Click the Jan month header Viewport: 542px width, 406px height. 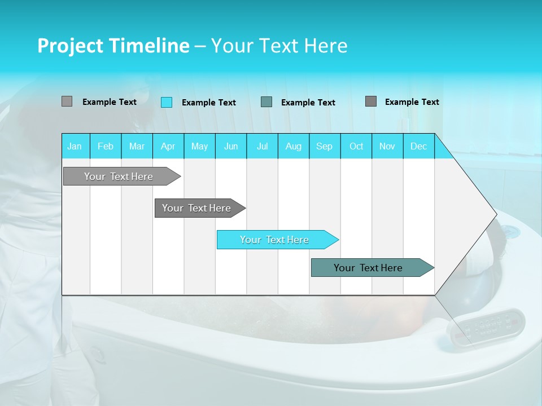[x=75, y=146]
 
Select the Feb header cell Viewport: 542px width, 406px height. [x=106, y=146]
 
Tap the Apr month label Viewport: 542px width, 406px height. [x=168, y=146]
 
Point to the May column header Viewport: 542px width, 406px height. [x=199, y=146]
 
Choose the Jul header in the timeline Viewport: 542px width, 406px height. [x=262, y=146]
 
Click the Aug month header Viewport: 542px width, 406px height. [x=294, y=146]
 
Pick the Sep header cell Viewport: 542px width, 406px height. [x=325, y=146]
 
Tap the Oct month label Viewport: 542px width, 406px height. [x=356, y=146]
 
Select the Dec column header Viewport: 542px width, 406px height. [x=418, y=146]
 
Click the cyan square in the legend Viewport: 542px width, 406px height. [x=167, y=102]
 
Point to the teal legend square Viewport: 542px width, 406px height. [x=266, y=101]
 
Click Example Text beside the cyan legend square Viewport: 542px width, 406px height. [x=208, y=103]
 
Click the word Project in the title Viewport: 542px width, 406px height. [x=70, y=46]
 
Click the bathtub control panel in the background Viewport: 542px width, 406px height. [x=486, y=326]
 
